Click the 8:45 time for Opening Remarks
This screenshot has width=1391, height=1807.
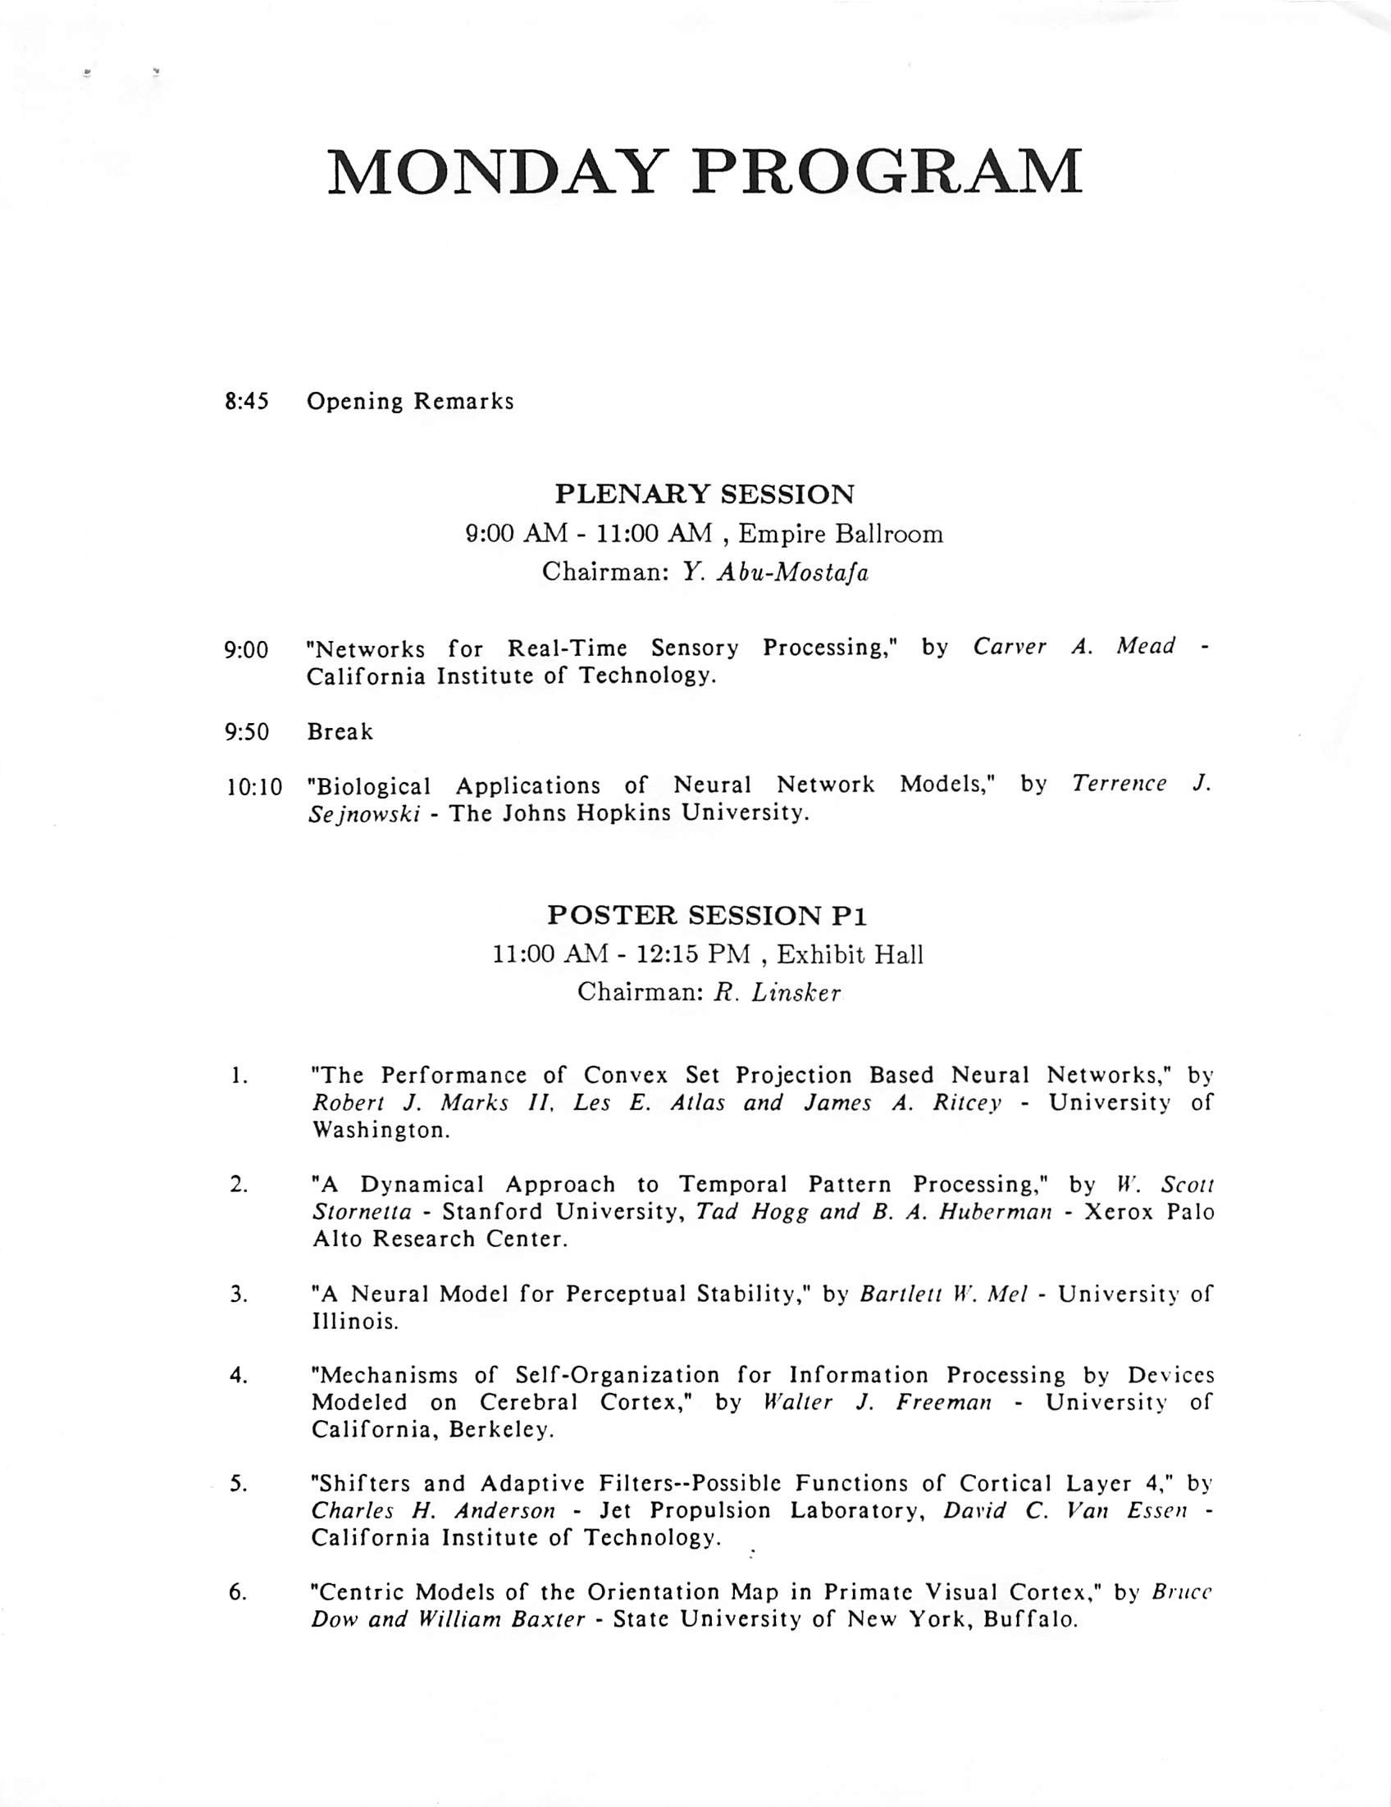(247, 402)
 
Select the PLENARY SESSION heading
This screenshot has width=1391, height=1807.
(705, 494)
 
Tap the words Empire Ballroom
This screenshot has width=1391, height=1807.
(840, 535)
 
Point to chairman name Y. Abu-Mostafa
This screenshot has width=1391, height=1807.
(775, 572)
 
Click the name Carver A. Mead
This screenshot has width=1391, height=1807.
(1074, 647)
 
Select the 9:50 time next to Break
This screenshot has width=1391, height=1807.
(247, 732)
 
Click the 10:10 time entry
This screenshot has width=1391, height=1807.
(253, 787)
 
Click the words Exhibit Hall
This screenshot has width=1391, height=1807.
(850, 956)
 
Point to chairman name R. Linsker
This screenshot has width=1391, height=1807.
(777, 993)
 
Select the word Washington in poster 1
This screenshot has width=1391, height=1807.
(381, 1131)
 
